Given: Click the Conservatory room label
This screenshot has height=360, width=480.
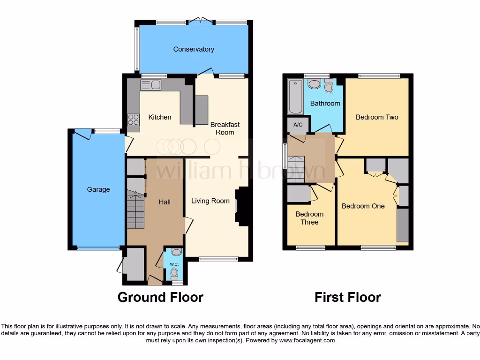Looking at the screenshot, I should [x=194, y=49].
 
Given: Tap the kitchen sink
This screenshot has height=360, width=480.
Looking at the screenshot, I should [x=150, y=85].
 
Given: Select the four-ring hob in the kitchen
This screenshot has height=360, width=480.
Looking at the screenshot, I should [x=133, y=120].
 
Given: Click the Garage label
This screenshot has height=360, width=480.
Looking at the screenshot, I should [x=98, y=189].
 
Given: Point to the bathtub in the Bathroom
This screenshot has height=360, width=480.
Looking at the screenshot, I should [x=296, y=97].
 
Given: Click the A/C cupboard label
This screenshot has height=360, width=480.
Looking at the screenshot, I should [x=298, y=125].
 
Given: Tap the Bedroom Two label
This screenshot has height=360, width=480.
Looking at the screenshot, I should [x=377, y=117].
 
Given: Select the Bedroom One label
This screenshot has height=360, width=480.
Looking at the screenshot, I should [x=363, y=206].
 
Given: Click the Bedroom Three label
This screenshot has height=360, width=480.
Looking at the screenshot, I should [x=309, y=218].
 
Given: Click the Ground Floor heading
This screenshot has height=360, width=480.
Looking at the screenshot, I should [x=160, y=297].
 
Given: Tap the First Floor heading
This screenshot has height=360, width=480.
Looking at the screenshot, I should [x=347, y=297].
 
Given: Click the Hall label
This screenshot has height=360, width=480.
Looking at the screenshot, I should [x=164, y=202].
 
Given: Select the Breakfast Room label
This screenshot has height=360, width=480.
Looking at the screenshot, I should [x=225, y=128].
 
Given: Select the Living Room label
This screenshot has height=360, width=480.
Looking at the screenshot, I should [x=210, y=201].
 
